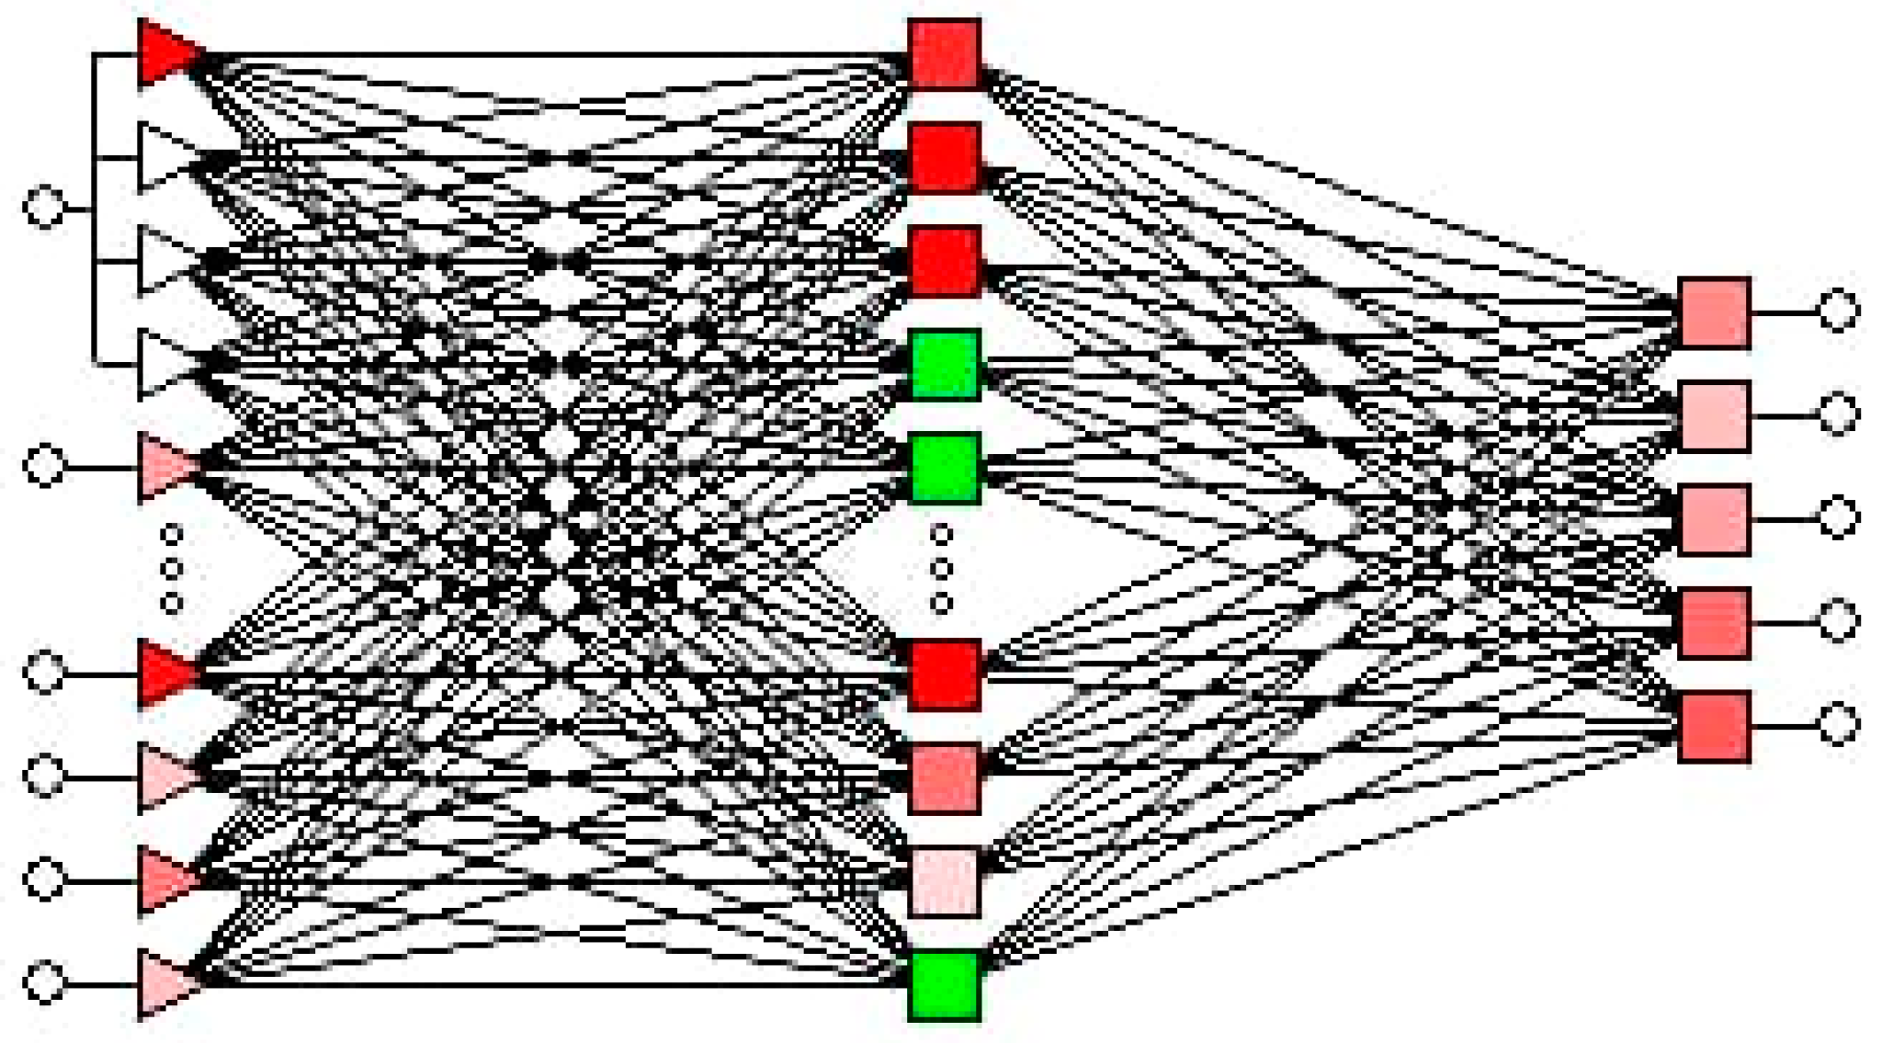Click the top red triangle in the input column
[165, 53]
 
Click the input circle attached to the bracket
[44, 207]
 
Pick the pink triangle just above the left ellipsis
[165, 467]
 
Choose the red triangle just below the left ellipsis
[165, 674]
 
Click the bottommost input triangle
[165, 984]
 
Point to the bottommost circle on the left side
[44, 981]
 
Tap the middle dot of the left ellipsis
[171, 569]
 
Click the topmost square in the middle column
[944, 54]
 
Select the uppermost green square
[944, 365]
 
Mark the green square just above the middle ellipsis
[944, 468]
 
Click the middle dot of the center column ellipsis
[941, 569]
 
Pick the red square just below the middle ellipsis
[944, 675]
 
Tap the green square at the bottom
[944, 985]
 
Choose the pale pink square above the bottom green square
[944, 881]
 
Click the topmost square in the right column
[1714, 312]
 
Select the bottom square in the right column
[1714, 727]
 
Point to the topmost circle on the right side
[1838, 311]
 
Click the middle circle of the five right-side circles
[1838, 517]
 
